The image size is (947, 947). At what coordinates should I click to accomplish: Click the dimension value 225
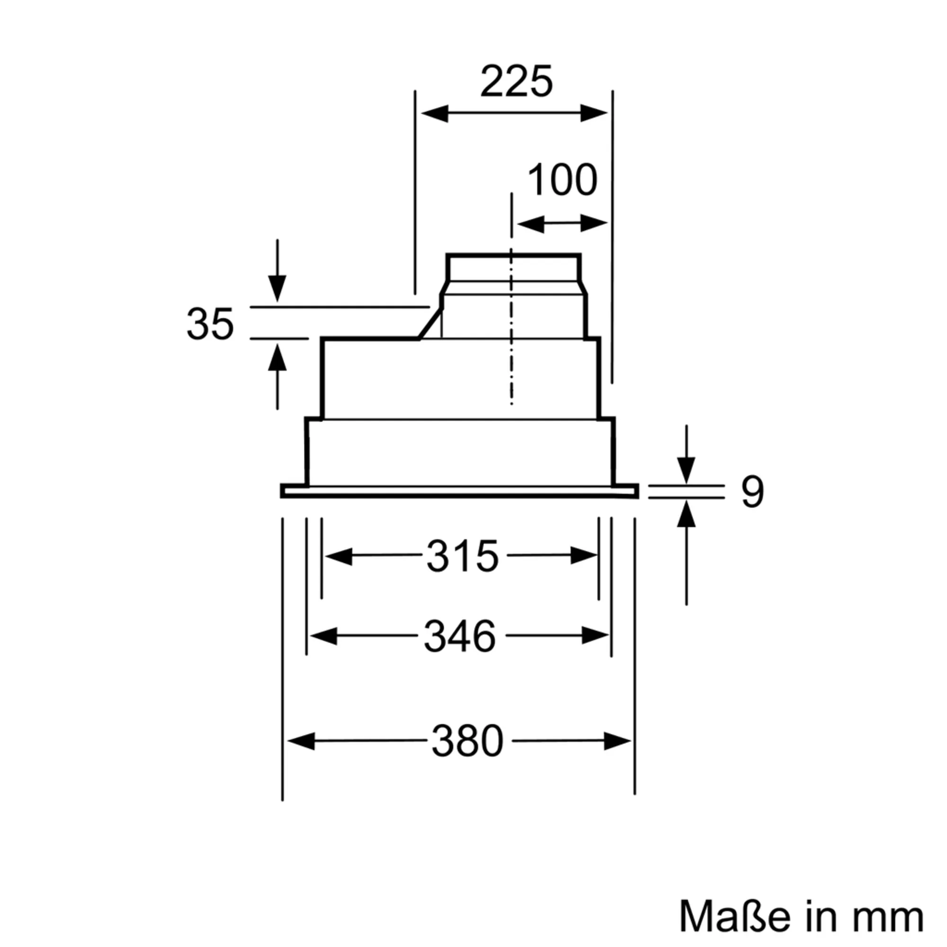[516, 81]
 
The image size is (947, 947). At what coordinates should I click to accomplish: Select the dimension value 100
[562, 180]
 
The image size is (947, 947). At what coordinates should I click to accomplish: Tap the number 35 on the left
[210, 324]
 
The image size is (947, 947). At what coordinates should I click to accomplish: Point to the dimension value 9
[752, 491]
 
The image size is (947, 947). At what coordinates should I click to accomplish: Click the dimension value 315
[462, 556]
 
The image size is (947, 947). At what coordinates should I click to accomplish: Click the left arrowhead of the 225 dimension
[434, 113]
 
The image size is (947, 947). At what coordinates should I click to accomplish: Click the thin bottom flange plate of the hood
[459, 491]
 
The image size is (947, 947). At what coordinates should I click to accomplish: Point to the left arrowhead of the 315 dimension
[338, 556]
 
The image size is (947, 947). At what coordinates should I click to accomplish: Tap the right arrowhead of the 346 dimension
[596, 636]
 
